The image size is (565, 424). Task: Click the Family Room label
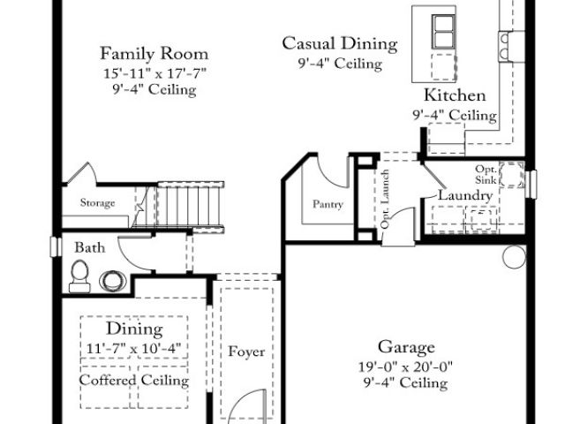click(x=154, y=53)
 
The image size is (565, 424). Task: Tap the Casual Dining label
click(x=340, y=43)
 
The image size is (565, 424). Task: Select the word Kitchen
click(x=455, y=95)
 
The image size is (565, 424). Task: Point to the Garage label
click(x=406, y=347)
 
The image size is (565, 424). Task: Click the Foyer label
click(x=246, y=352)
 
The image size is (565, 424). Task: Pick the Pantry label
click(x=328, y=204)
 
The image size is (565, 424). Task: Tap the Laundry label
click(x=465, y=195)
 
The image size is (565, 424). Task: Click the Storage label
click(x=97, y=203)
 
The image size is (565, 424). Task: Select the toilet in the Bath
click(x=79, y=276)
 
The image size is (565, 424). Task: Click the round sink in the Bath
click(x=113, y=281)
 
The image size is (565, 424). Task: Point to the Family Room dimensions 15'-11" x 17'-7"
click(x=154, y=73)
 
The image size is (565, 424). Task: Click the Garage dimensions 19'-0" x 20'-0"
click(x=405, y=367)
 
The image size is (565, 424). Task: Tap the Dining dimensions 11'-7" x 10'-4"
click(x=133, y=349)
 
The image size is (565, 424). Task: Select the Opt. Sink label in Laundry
click(x=486, y=174)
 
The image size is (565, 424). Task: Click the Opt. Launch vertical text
click(x=385, y=199)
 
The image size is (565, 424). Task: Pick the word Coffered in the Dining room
click(x=108, y=380)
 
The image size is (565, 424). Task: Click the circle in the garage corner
click(x=514, y=257)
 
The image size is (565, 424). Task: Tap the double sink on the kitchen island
click(x=444, y=32)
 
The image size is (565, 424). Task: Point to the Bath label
click(x=90, y=247)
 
